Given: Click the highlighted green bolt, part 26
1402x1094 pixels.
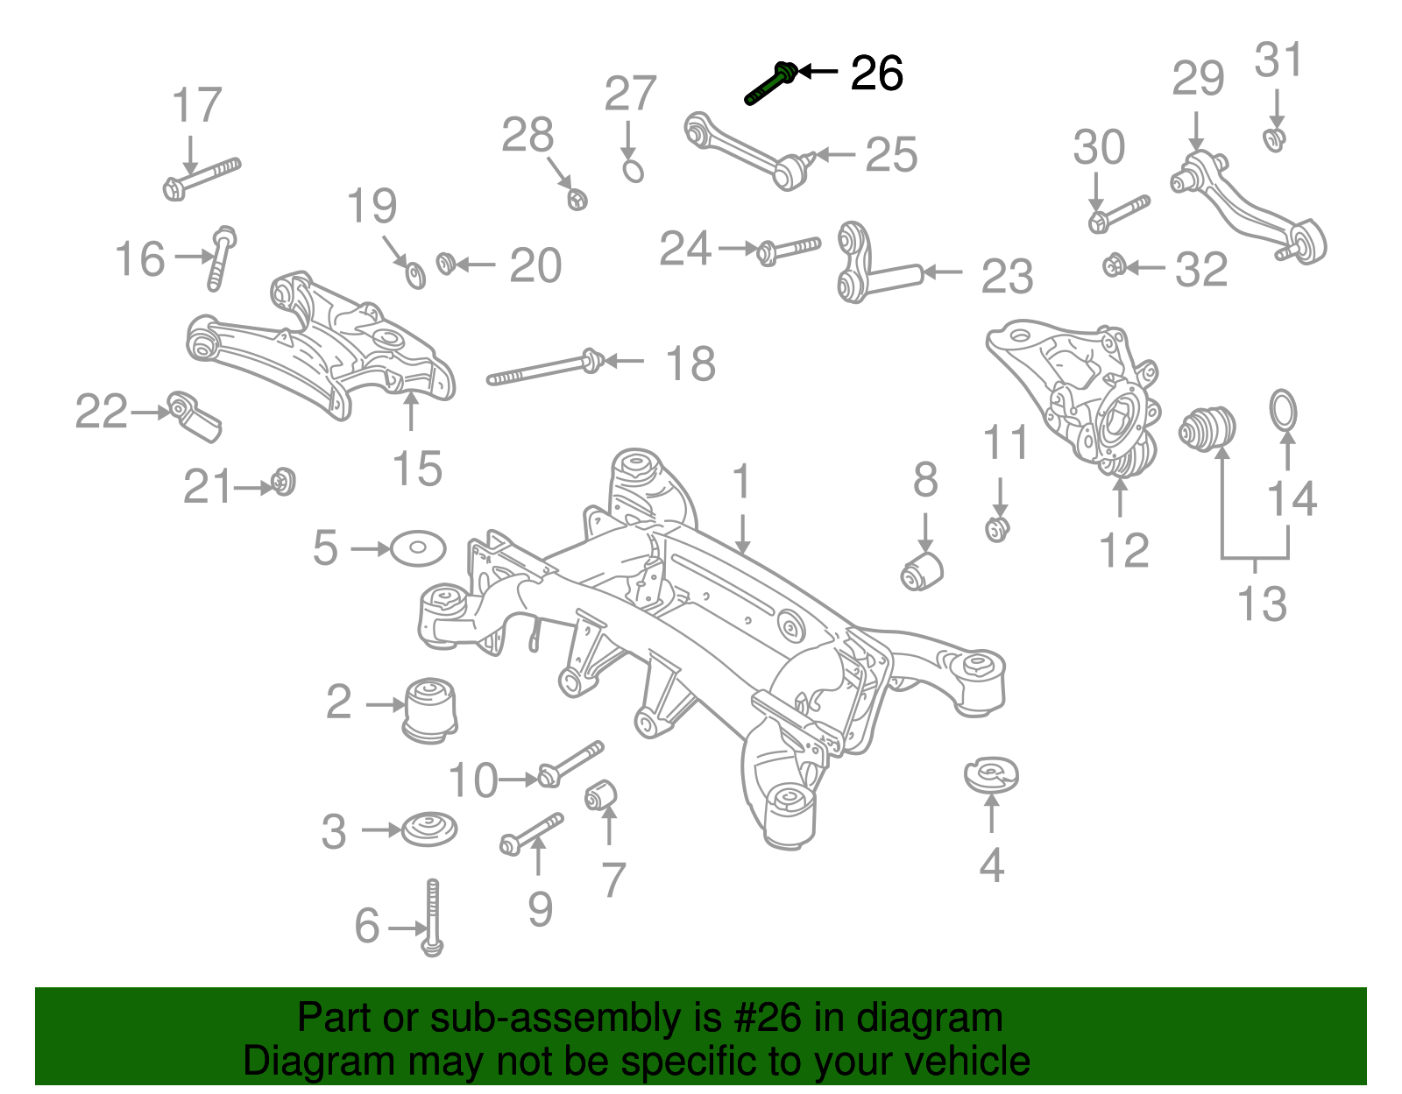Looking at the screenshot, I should click(771, 83).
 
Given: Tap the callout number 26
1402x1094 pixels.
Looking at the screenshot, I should click(876, 74).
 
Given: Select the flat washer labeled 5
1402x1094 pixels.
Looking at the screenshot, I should click(418, 548).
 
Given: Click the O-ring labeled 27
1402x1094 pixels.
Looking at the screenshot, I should click(634, 169).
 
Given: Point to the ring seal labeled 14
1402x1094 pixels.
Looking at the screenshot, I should click(1284, 412).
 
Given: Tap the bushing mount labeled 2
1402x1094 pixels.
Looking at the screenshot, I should click(430, 708).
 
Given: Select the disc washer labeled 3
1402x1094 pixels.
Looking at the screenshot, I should click(429, 828).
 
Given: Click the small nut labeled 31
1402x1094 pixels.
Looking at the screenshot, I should click(1275, 138).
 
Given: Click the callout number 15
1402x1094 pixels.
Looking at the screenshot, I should click(417, 469).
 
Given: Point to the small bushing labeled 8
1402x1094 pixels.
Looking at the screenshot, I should click(922, 570).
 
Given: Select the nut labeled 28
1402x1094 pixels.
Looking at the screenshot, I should click(576, 199).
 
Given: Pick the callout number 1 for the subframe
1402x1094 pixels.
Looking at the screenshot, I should click(742, 483).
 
